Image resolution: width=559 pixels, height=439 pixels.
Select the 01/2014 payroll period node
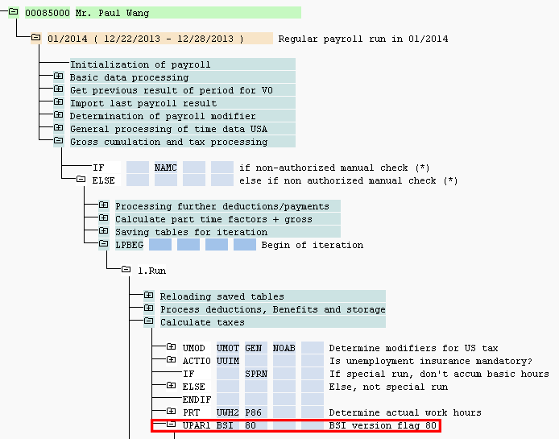click(x=140, y=39)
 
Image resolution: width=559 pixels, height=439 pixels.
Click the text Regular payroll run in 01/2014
click(x=363, y=39)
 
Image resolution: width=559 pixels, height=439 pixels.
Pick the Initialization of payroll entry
click(x=140, y=64)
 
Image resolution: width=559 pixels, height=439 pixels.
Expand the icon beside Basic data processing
click(x=58, y=77)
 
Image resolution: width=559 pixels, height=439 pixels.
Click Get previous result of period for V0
click(x=171, y=90)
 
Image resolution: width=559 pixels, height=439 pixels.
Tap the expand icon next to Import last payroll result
click(x=58, y=103)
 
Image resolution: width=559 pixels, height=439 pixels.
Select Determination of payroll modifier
click(x=163, y=116)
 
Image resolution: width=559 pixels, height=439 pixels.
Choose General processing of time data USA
click(x=168, y=129)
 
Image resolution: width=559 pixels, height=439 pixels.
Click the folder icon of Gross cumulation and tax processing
click(x=58, y=142)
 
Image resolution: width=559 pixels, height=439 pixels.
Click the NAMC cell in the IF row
click(x=165, y=168)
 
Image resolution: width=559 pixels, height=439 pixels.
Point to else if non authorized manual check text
click(x=348, y=180)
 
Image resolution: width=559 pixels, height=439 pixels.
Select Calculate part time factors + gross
click(x=213, y=219)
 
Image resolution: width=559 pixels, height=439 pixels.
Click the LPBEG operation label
click(x=129, y=245)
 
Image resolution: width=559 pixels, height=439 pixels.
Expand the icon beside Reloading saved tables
click(x=148, y=296)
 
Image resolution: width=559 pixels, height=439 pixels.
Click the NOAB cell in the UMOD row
click(x=284, y=348)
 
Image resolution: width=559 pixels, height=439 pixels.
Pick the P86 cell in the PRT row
click(x=255, y=412)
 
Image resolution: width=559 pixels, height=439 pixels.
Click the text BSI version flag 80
click(x=383, y=425)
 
